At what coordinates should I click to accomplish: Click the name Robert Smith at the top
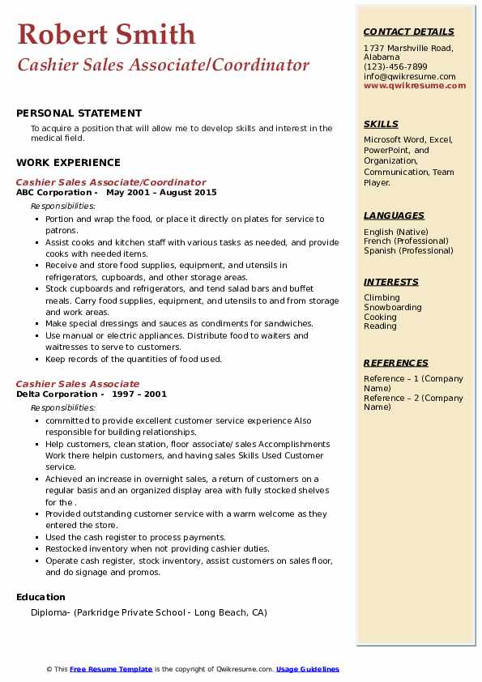click(x=106, y=34)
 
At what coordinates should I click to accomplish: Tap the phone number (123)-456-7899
click(x=395, y=67)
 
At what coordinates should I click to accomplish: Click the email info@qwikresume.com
click(x=409, y=76)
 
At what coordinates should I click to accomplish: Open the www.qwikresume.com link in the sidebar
click(x=415, y=85)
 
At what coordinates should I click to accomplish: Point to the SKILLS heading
click(x=381, y=124)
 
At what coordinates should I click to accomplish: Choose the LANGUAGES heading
click(x=394, y=215)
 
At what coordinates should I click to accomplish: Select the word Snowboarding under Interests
click(x=392, y=308)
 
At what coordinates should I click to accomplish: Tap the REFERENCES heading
click(x=395, y=363)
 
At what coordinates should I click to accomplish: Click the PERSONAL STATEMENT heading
click(x=79, y=113)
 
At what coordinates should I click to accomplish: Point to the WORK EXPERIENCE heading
click(x=68, y=163)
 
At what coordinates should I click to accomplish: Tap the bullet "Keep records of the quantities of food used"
click(x=133, y=359)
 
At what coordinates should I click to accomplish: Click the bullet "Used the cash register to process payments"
click(x=135, y=537)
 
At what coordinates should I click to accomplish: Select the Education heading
click(x=41, y=597)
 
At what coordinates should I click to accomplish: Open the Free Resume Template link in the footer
click(x=111, y=669)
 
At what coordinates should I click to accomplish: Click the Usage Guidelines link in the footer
click(x=307, y=669)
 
